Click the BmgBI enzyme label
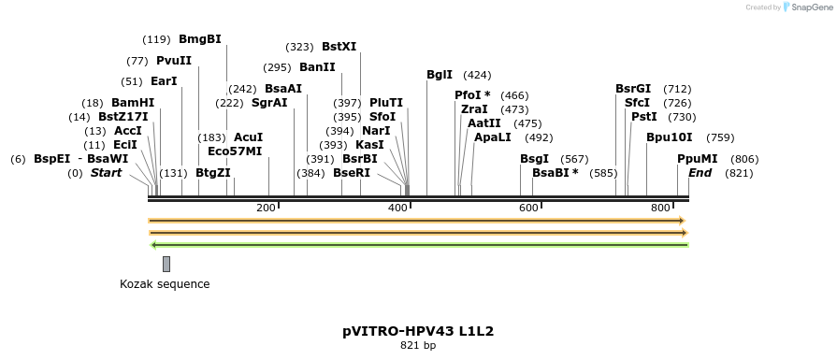[x=199, y=39]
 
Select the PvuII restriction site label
[x=174, y=61]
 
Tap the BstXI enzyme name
[x=339, y=46]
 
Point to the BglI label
[x=440, y=75]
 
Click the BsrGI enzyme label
[x=633, y=89]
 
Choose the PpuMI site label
[x=698, y=159]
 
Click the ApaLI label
[x=493, y=137]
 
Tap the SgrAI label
[x=270, y=103]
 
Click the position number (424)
[x=477, y=75]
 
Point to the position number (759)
[x=720, y=137]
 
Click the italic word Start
[x=106, y=173]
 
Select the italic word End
[x=700, y=173]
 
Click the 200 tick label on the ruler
[x=266, y=208]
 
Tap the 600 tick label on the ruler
[x=529, y=208]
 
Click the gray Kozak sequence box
[x=166, y=264]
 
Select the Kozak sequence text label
[x=165, y=284]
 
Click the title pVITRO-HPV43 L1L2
[x=418, y=331]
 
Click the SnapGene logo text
[x=808, y=7]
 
